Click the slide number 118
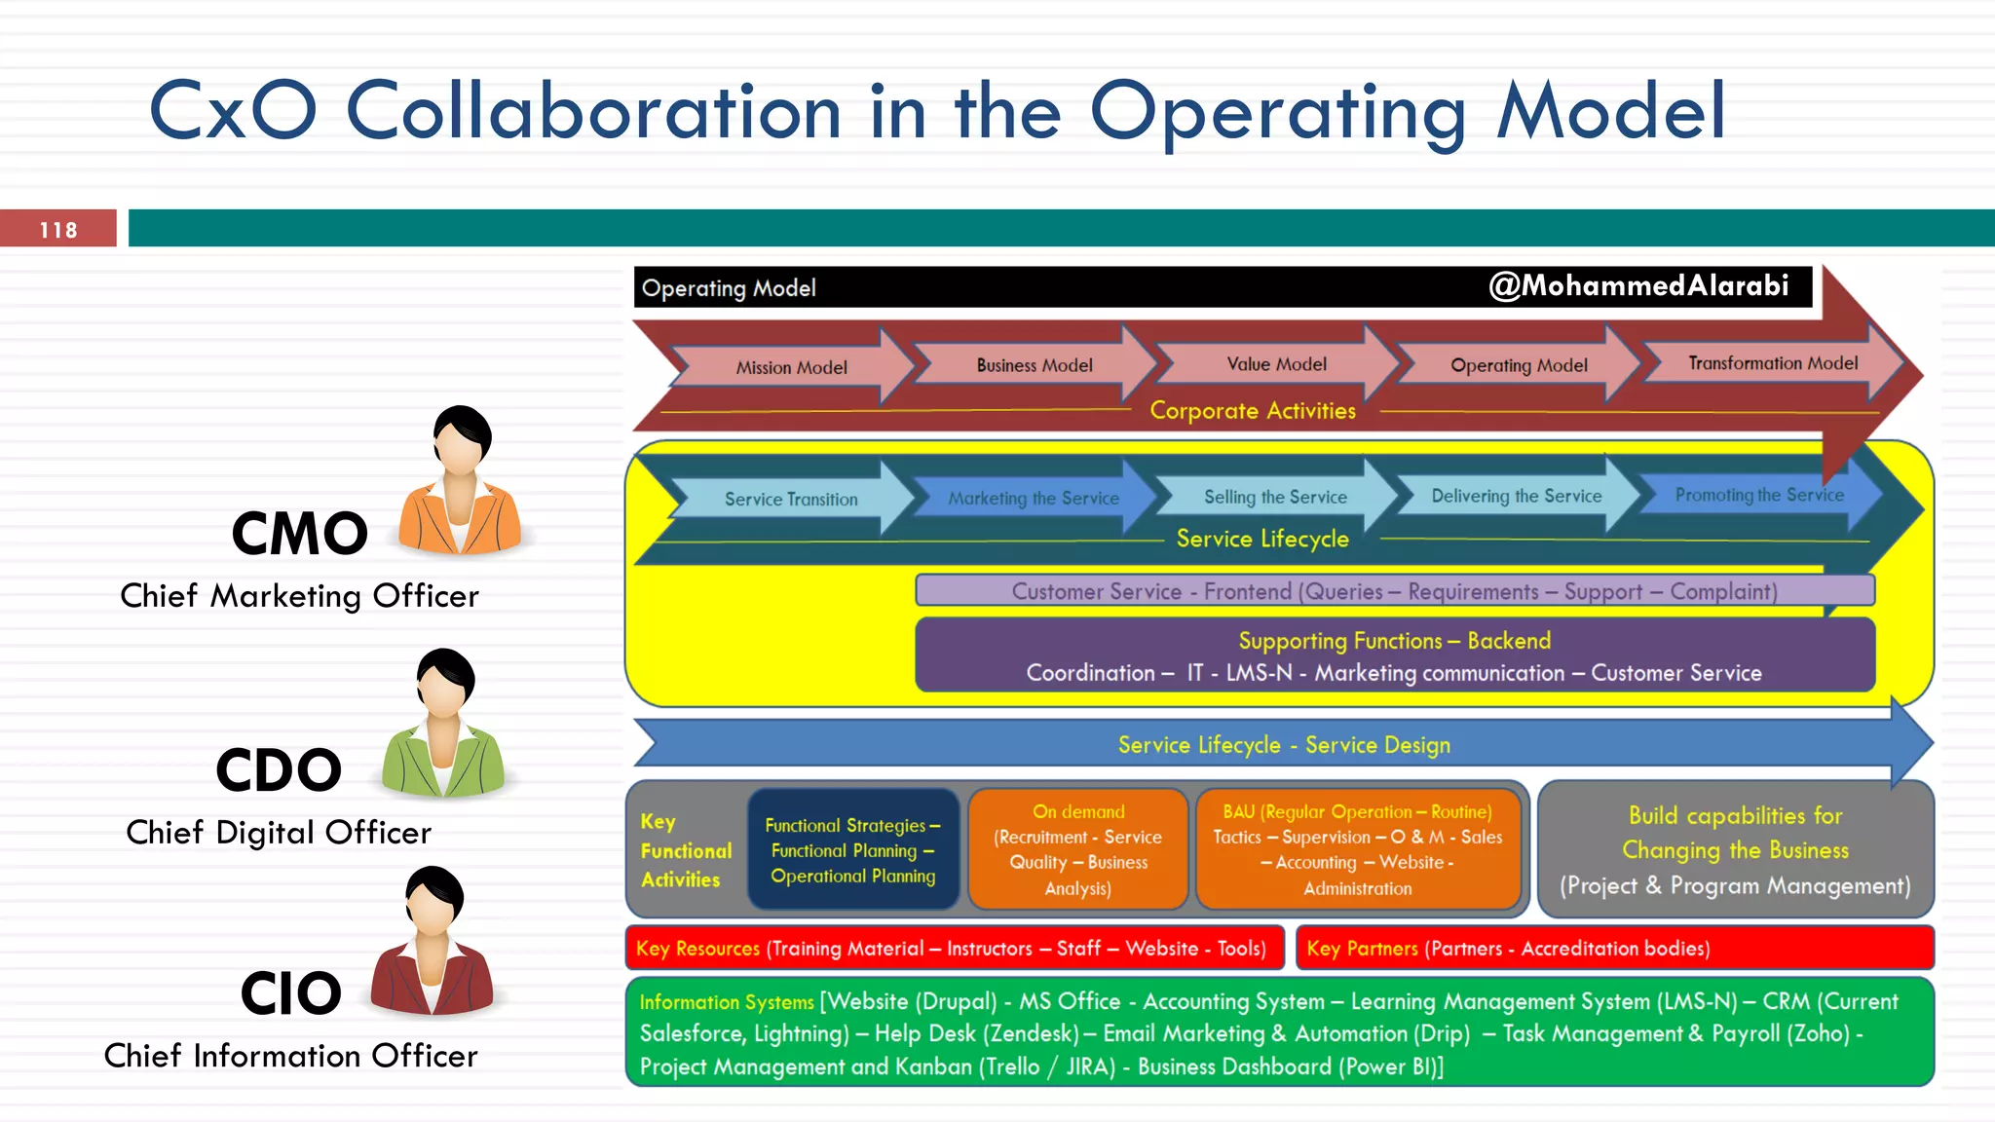[58, 230]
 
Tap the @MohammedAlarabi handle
[1638, 285]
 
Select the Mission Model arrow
[791, 367]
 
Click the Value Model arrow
[1276, 364]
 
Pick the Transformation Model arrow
[1773, 363]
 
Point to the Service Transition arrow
[791, 499]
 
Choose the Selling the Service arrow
[1275, 497]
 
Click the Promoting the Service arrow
[1759, 495]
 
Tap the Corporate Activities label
[1253, 411]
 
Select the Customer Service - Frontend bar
[1394, 591]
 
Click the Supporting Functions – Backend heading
[1394, 641]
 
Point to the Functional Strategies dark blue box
[853, 850]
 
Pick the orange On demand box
[1077, 850]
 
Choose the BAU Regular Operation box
[1358, 850]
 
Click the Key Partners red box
[1614, 949]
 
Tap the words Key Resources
[697, 949]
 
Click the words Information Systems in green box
[727, 1002]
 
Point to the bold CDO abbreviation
[279, 769]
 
